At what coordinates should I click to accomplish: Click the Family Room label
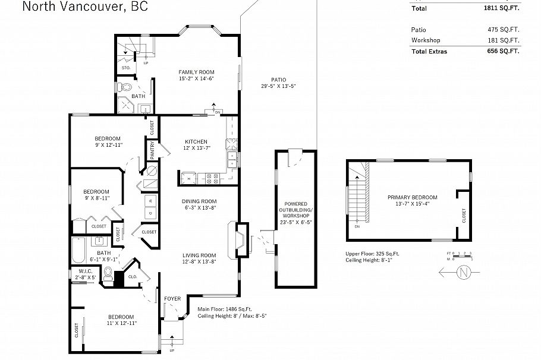[x=196, y=72]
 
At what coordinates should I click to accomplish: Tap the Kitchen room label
[x=196, y=141]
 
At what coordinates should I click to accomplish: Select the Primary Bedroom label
[x=412, y=197]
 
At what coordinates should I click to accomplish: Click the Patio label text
[x=278, y=80]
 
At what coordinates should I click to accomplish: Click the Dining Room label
[x=199, y=201]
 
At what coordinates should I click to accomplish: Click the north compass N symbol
[x=463, y=273]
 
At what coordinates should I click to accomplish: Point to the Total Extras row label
[x=429, y=51]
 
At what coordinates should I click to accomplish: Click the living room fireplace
[x=240, y=239]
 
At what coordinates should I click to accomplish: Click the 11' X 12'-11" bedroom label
[x=121, y=320]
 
